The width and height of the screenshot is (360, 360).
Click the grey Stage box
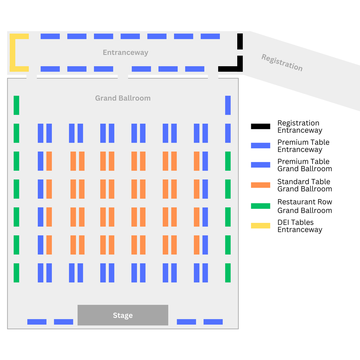pyautogui.click(x=123, y=315)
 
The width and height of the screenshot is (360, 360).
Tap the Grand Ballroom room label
pyautogui.click(x=123, y=98)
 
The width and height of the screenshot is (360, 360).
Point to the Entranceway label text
pyautogui.click(x=125, y=53)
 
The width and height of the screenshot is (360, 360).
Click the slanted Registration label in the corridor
pyautogui.click(x=282, y=62)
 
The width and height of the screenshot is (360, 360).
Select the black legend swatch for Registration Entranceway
pyautogui.click(x=260, y=126)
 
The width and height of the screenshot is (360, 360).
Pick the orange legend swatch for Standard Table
pyautogui.click(x=260, y=185)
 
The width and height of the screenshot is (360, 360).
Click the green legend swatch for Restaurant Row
pyautogui.click(x=260, y=206)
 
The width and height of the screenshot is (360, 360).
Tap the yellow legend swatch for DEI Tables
pyautogui.click(x=260, y=226)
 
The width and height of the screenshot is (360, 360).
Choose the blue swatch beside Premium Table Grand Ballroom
pyautogui.click(x=260, y=165)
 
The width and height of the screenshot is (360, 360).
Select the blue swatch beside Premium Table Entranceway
pyautogui.click(x=260, y=146)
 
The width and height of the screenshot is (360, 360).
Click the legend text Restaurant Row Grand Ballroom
pyautogui.click(x=305, y=206)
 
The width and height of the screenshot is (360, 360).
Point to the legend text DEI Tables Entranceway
pyautogui.click(x=300, y=226)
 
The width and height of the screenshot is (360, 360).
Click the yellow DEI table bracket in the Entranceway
pyautogui.click(x=13, y=53)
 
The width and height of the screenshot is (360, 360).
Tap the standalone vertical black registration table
pyautogui.click(x=240, y=41)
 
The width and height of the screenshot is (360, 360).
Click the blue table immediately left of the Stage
pyautogui.click(x=63, y=322)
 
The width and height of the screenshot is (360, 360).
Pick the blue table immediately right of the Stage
pyautogui.click(x=186, y=322)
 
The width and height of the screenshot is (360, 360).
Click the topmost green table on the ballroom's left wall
pyautogui.click(x=16, y=105)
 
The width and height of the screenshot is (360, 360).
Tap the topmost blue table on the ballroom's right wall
pyautogui.click(x=228, y=105)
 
